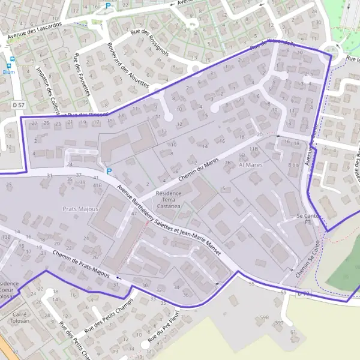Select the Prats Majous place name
(80, 209)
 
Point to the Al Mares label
(251, 163)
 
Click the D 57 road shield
(19, 105)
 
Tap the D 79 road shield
(304, 294)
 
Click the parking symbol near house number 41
(109, 171)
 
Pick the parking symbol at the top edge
(109, 6)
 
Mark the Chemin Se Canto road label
(307, 260)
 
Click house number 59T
(279, 323)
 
